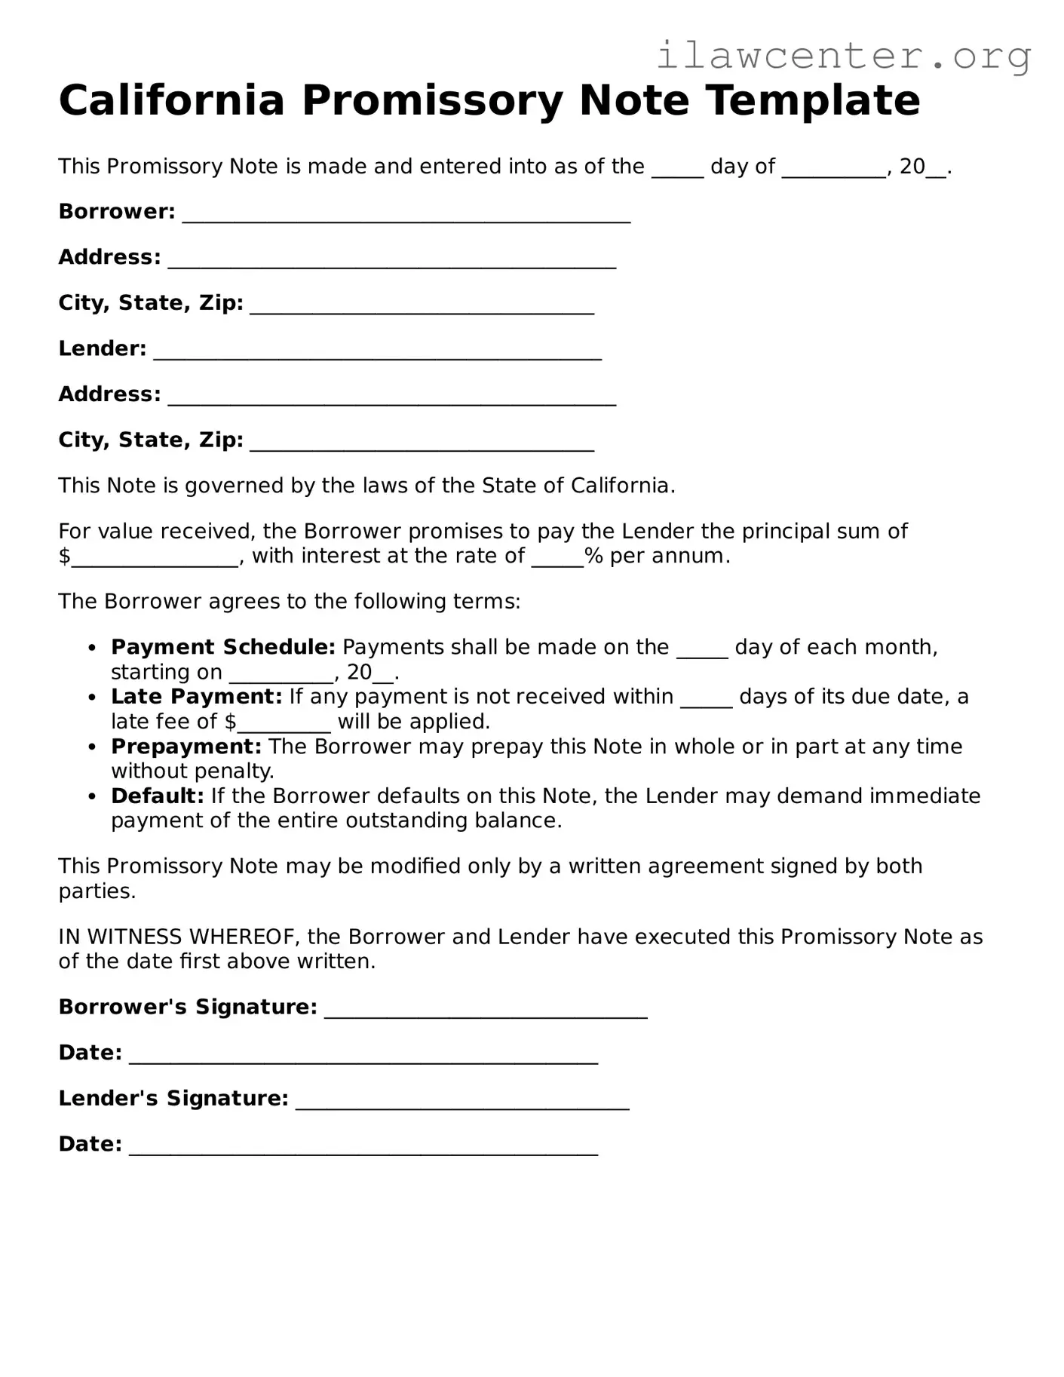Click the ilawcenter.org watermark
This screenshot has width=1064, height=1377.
click(x=843, y=56)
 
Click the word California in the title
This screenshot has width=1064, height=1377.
click(x=172, y=100)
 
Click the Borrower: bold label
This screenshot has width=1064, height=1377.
click(x=117, y=212)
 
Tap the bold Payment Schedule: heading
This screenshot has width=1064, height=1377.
click(x=223, y=647)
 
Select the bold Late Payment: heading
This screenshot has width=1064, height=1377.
click(x=196, y=697)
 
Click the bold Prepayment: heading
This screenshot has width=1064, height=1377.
click(x=186, y=747)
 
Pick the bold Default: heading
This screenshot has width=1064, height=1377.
click(x=158, y=796)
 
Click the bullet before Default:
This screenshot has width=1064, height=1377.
click(x=92, y=797)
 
